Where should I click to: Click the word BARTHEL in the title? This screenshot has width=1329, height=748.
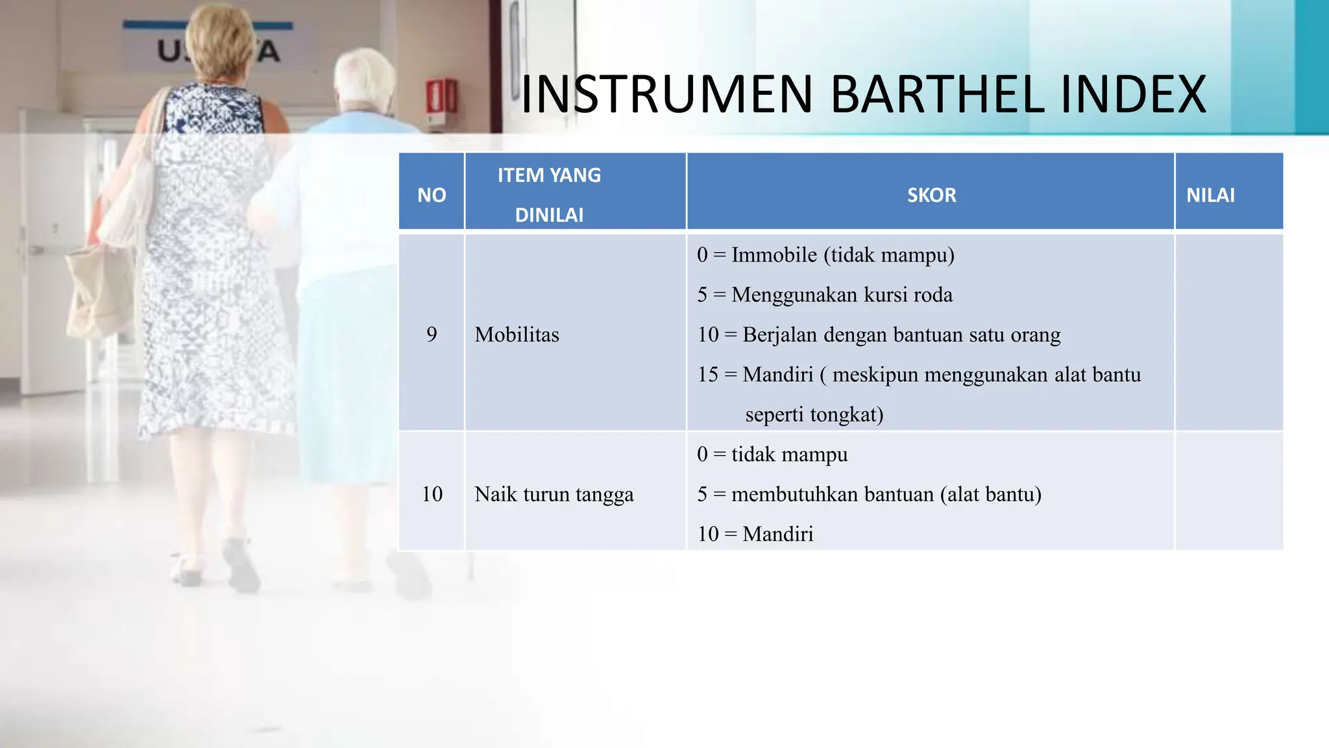click(x=936, y=95)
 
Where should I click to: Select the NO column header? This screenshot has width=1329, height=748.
click(x=432, y=195)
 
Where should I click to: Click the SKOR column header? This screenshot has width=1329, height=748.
click(x=931, y=195)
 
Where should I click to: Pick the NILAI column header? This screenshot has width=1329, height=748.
click(x=1210, y=195)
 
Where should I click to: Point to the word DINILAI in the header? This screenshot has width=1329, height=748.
click(x=549, y=215)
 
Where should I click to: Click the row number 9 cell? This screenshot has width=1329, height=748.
click(x=432, y=334)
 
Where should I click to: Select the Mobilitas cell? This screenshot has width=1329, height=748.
click(x=517, y=334)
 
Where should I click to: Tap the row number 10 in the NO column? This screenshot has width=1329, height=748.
click(x=432, y=494)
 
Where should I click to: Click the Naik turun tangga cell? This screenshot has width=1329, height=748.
click(x=554, y=494)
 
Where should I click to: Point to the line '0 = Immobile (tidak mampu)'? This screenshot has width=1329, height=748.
click(x=825, y=255)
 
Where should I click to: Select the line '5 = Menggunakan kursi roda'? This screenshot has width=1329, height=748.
click(x=825, y=295)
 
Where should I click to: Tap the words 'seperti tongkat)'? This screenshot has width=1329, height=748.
click(x=814, y=414)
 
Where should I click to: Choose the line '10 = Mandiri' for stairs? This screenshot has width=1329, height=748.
click(x=755, y=534)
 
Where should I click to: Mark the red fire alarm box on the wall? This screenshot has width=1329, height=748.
click(x=441, y=97)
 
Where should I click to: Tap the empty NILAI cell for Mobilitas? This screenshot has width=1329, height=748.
click(x=1228, y=332)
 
